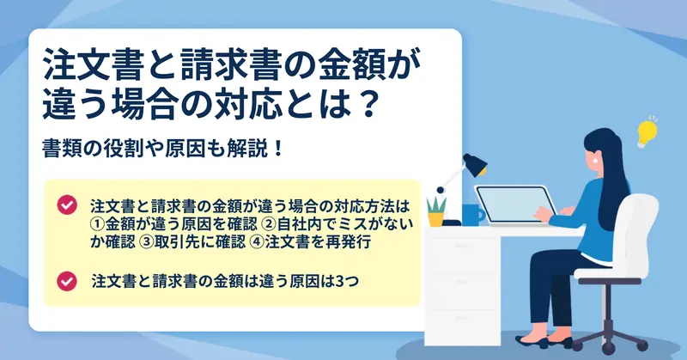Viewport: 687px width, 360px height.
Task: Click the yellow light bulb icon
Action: [x=647, y=132]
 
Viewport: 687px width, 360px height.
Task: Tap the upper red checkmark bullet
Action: [x=67, y=204]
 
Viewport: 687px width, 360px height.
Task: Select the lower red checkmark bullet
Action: [x=67, y=281]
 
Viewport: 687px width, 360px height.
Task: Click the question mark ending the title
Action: [x=364, y=104]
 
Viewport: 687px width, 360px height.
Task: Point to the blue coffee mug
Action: [x=473, y=215]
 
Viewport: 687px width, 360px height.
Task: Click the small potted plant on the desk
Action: [x=436, y=212]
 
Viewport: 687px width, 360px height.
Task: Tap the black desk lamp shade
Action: [x=476, y=164]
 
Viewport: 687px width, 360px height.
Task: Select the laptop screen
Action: [x=515, y=204]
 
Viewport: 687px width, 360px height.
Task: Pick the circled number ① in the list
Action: [x=97, y=224]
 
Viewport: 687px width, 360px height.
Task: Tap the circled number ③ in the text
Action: [x=146, y=242]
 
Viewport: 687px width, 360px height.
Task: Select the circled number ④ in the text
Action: [x=258, y=242]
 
